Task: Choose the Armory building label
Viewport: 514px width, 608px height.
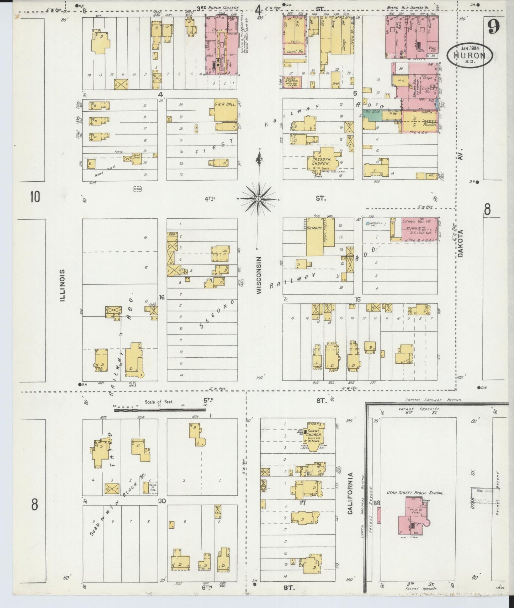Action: (315, 228)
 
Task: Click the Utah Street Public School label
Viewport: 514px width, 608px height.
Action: (416, 493)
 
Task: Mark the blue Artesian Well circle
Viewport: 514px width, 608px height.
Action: (367, 224)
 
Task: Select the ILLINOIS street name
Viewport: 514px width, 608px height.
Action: (63, 285)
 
